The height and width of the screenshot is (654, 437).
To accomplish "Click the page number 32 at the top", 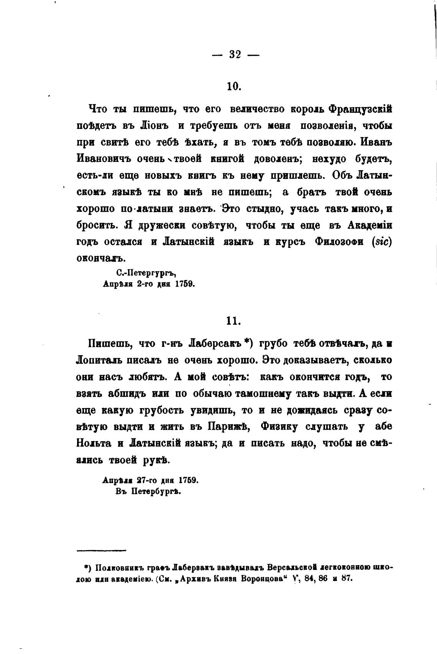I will (235, 55).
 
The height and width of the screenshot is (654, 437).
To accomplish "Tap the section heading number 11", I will (233, 321).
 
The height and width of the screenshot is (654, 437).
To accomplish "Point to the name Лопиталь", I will (101, 361).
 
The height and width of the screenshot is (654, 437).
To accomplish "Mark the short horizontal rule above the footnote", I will (101, 551).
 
